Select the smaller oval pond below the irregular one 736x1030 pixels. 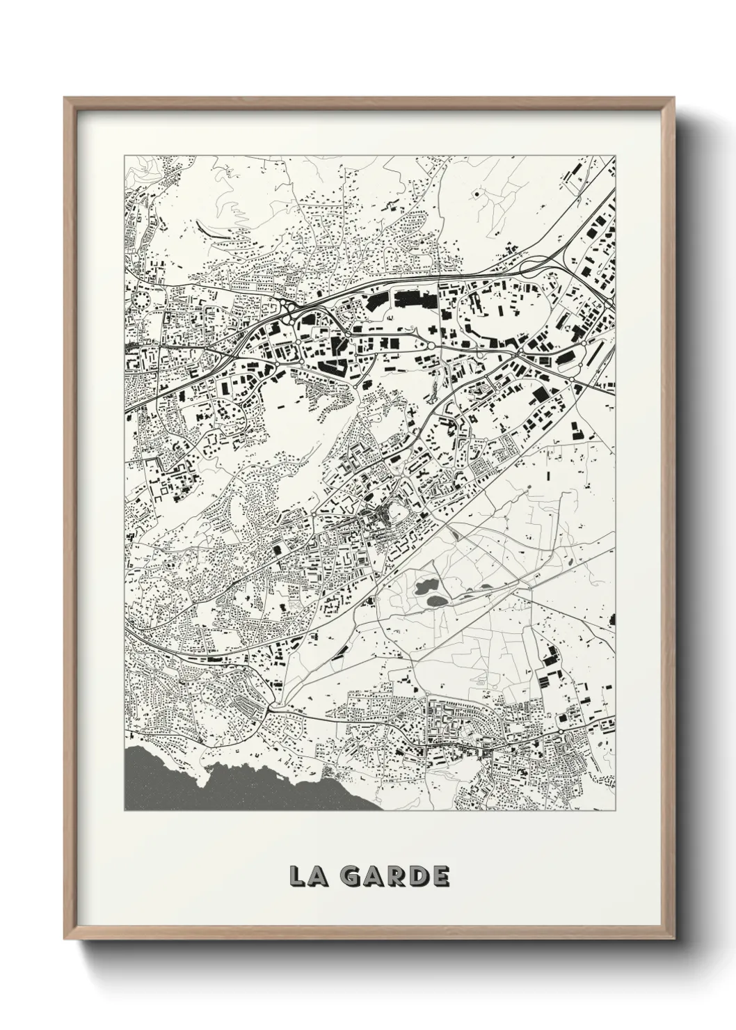tap(436, 601)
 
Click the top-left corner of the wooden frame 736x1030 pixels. tap(65, 98)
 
